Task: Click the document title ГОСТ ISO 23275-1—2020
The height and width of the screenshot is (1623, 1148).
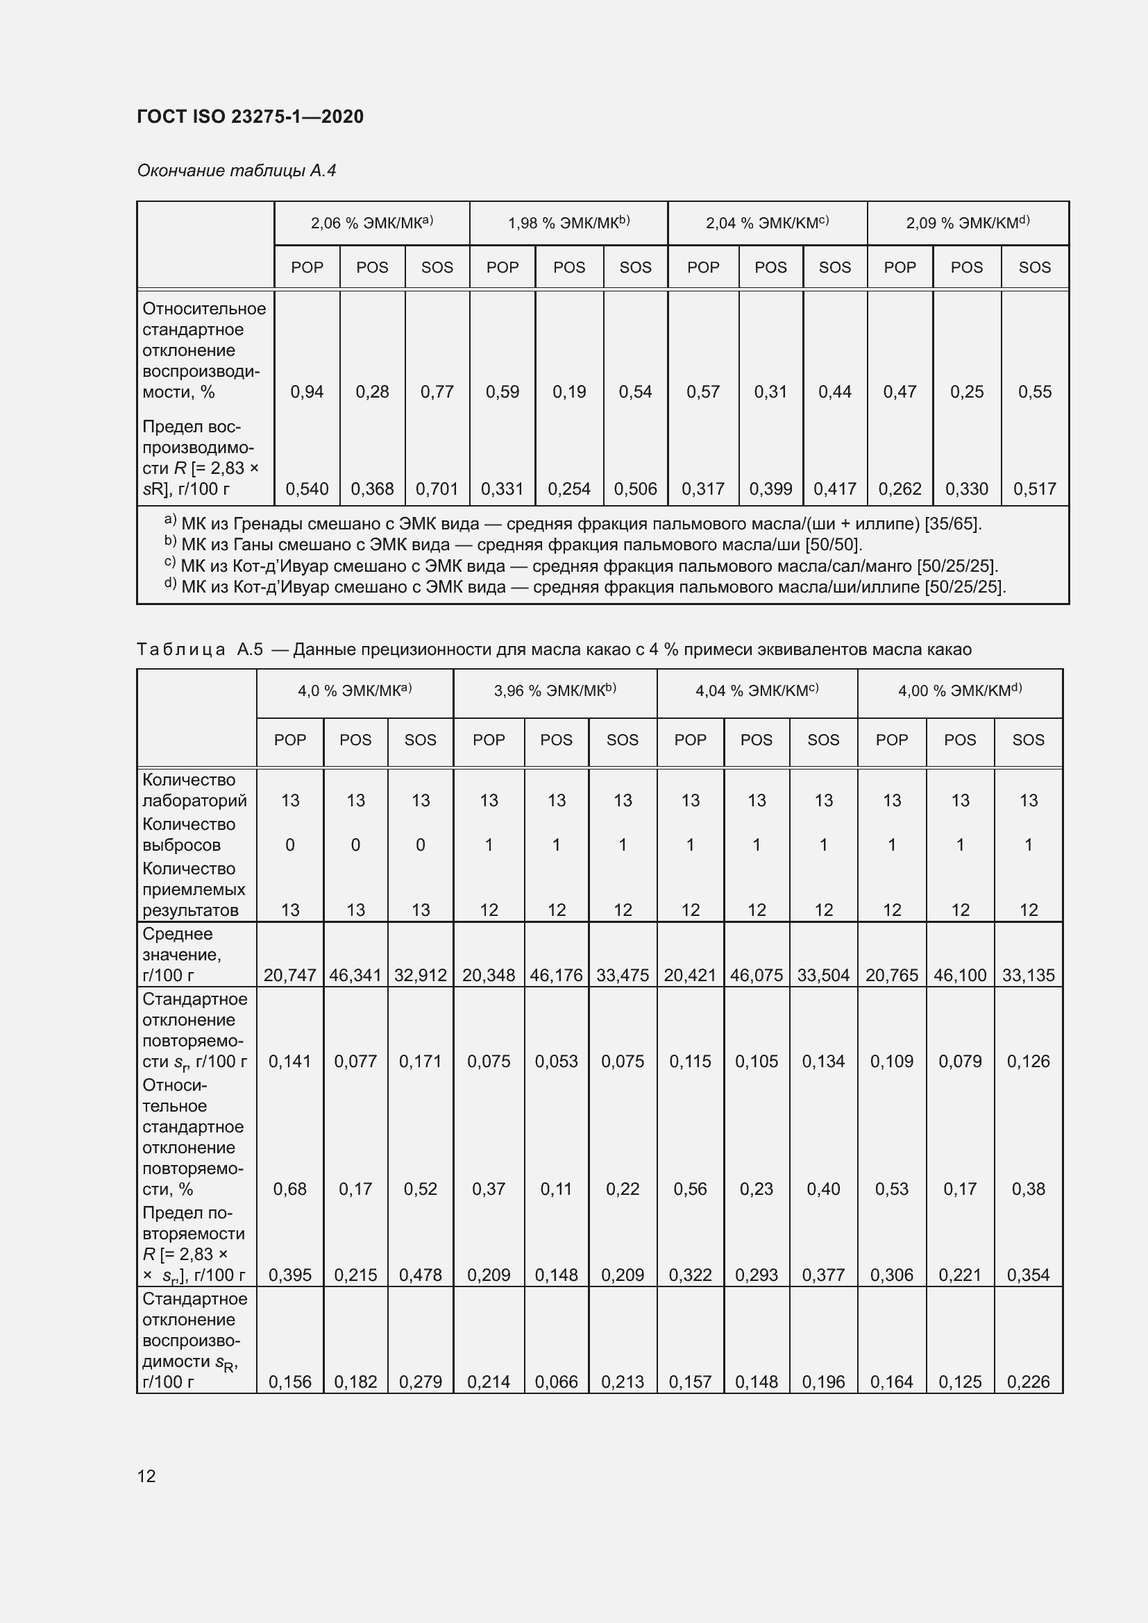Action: (250, 117)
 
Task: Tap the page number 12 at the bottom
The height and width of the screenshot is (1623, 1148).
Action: (146, 1476)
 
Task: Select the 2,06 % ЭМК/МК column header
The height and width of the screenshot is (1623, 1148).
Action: (372, 223)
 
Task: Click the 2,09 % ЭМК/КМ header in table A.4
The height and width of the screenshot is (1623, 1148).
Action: (967, 223)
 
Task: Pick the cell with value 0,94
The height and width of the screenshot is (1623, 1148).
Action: (307, 391)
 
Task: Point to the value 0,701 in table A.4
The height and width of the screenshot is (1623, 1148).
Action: (437, 489)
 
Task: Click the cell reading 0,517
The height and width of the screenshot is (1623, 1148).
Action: (1034, 489)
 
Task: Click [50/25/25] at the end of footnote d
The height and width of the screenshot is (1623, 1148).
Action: (965, 588)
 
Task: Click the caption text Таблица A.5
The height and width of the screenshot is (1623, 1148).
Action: (200, 649)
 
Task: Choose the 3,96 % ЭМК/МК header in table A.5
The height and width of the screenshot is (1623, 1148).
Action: (555, 691)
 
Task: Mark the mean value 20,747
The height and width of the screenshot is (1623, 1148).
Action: (290, 976)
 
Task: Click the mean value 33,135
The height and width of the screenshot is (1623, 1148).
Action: (1028, 976)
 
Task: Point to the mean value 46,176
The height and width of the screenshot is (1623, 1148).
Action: (557, 976)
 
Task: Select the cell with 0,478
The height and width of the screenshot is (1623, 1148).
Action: (421, 1275)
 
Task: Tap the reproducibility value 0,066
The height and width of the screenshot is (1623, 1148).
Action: (557, 1382)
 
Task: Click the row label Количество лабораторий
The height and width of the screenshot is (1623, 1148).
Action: (194, 790)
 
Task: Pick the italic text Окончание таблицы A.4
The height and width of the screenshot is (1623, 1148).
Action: (237, 171)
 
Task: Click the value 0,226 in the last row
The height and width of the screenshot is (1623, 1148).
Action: (1028, 1382)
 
